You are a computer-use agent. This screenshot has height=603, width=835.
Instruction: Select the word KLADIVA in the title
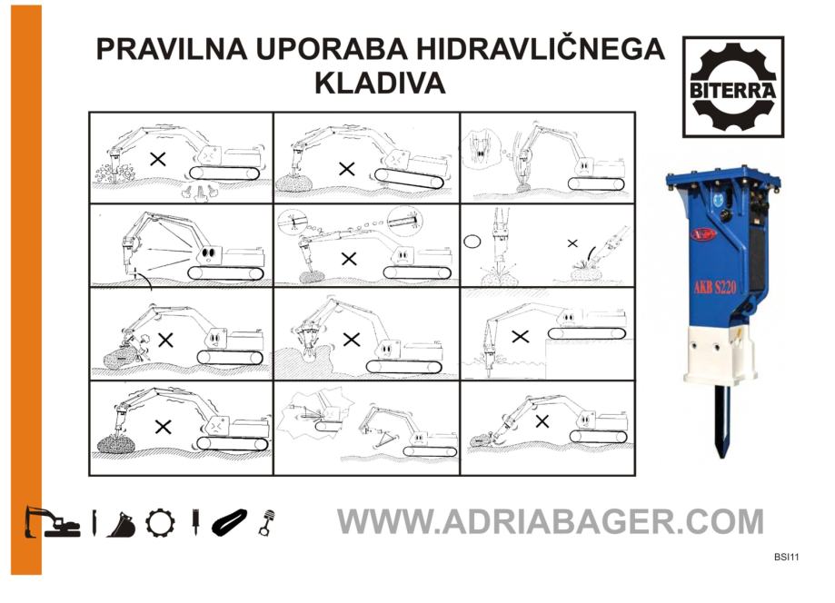point(380,83)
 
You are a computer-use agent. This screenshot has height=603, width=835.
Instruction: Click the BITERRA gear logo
point(733,87)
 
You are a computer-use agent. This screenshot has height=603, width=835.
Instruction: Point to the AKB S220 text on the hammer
point(715,288)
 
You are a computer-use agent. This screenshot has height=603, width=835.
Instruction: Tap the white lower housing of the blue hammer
point(721,352)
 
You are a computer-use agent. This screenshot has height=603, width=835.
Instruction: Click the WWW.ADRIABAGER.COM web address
point(550,521)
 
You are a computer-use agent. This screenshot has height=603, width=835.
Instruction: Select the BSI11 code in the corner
point(787,558)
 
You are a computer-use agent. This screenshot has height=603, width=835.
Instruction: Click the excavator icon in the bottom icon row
point(52,522)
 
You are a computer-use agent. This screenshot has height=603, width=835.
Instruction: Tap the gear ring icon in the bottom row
point(160,523)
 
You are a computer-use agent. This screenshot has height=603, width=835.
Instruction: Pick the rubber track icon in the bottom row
point(230,522)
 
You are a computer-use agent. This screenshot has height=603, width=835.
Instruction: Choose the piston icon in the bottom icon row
point(267,523)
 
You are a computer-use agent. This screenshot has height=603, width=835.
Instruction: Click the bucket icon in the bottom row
point(122,525)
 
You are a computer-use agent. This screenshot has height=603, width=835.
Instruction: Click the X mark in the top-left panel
point(157,159)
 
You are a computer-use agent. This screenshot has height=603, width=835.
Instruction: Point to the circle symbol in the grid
point(472,242)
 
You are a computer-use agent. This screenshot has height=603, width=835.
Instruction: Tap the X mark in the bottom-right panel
point(542,421)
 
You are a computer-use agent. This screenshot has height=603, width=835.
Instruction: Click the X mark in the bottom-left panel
point(163,426)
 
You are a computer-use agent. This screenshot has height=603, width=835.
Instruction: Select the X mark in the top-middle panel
point(347,169)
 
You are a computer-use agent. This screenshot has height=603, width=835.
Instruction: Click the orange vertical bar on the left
point(26,290)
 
